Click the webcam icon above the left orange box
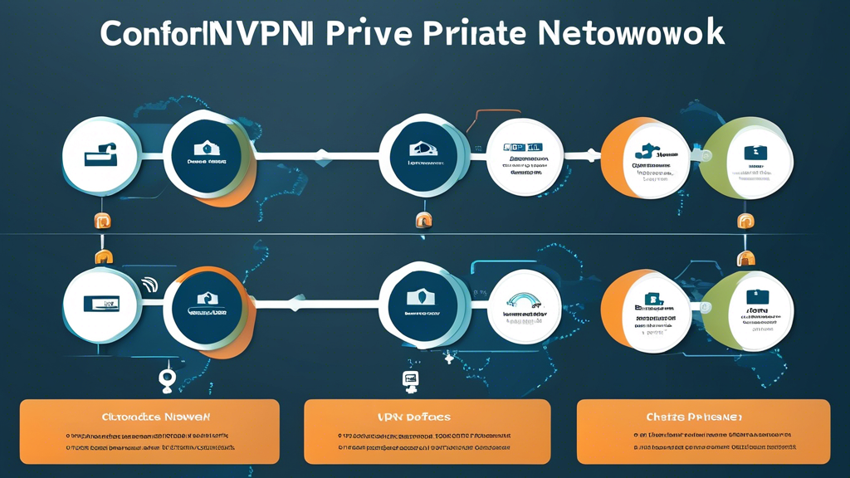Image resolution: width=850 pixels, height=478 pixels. (167, 379)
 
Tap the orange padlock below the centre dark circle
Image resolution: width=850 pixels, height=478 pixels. (423, 221)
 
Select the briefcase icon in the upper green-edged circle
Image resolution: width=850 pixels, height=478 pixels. (755, 152)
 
